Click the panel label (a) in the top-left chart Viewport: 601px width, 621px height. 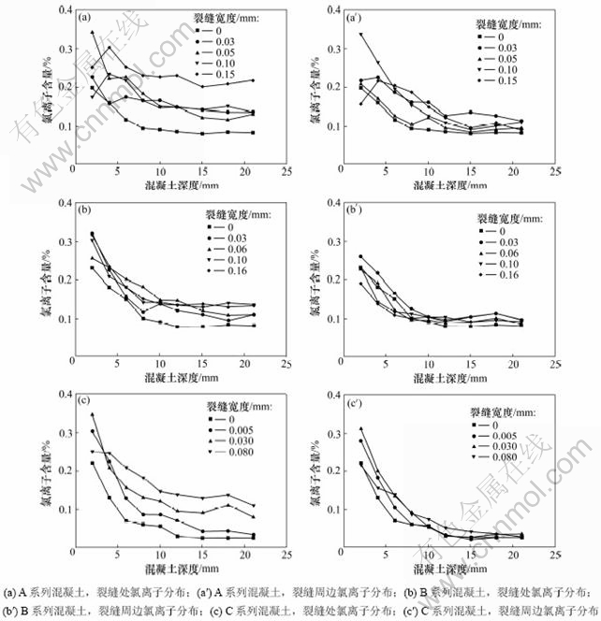(x=84, y=17)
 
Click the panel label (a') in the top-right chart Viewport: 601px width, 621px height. (x=355, y=17)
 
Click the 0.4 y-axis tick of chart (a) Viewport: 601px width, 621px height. (x=63, y=10)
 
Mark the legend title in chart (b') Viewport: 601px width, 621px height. (x=505, y=217)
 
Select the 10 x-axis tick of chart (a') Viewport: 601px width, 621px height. (x=428, y=172)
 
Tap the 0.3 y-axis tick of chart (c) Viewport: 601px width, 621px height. (x=63, y=432)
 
